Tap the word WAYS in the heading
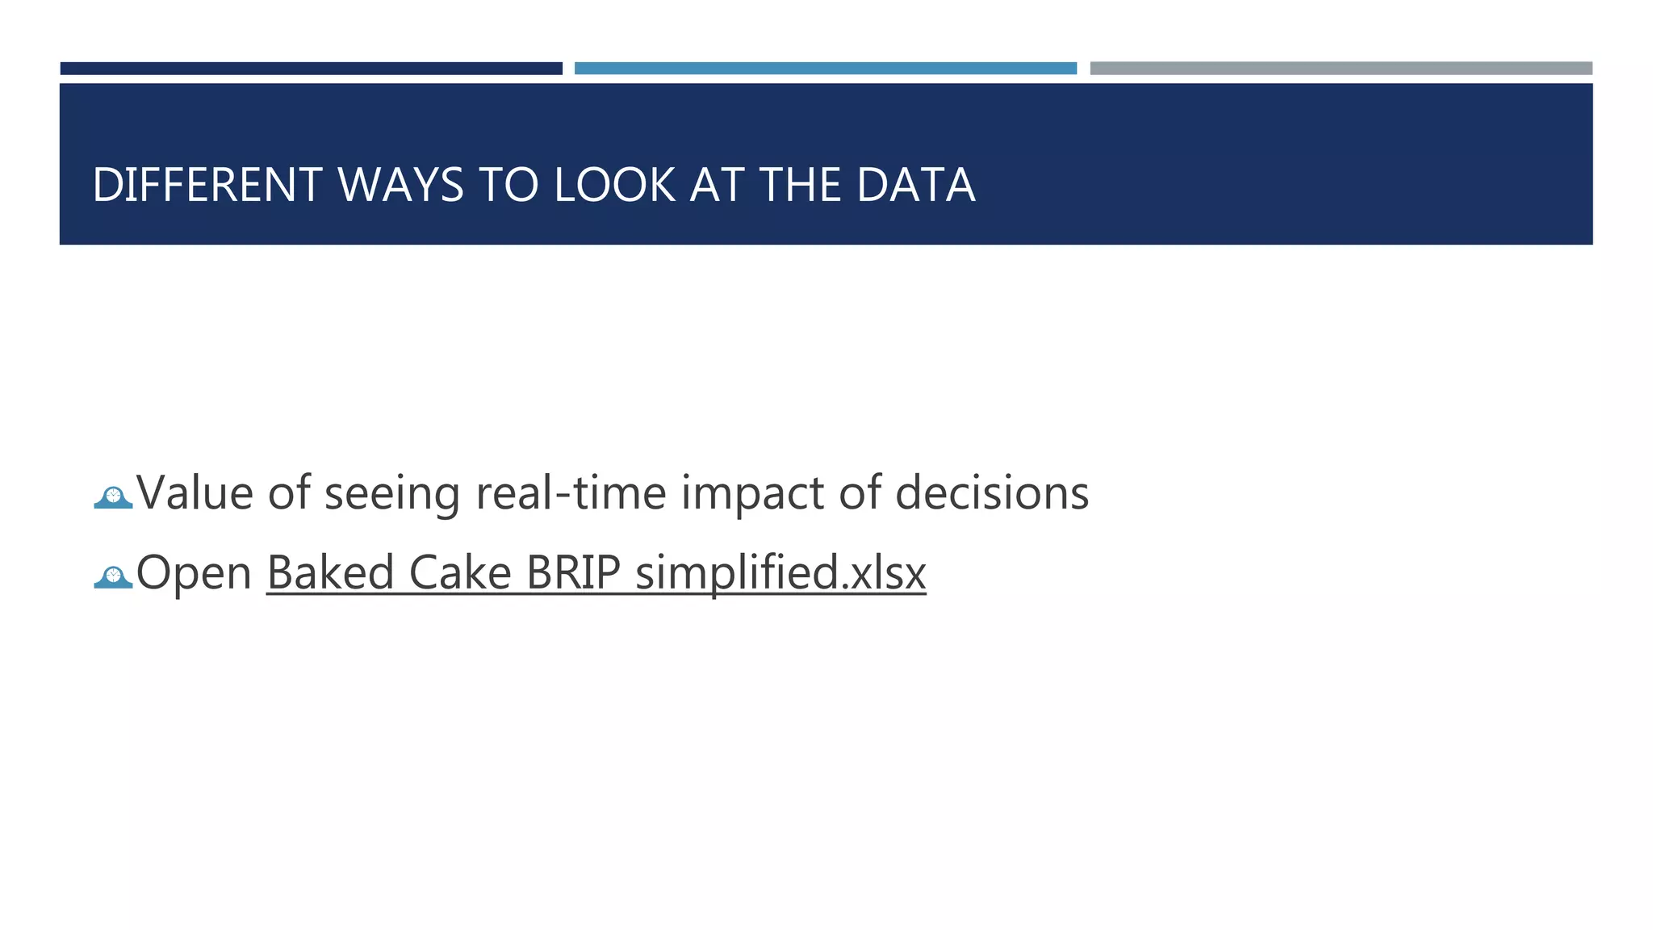[x=400, y=185]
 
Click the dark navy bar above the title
[x=311, y=69]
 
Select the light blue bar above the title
[x=825, y=69]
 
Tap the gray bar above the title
[x=1341, y=69]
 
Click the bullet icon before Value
[x=113, y=496]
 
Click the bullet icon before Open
[x=113, y=576]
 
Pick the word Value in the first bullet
[x=195, y=492]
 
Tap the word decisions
[x=992, y=492]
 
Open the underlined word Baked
[x=329, y=572]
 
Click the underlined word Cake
[x=460, y=572]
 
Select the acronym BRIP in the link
[x=573, y=572]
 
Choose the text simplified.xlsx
[x=780, y=572]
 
